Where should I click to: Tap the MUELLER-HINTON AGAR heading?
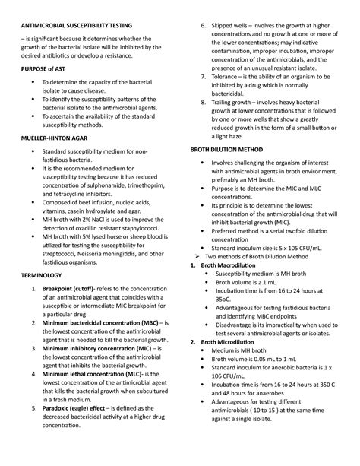point(57,161)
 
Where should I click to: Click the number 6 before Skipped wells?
point(204,25)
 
